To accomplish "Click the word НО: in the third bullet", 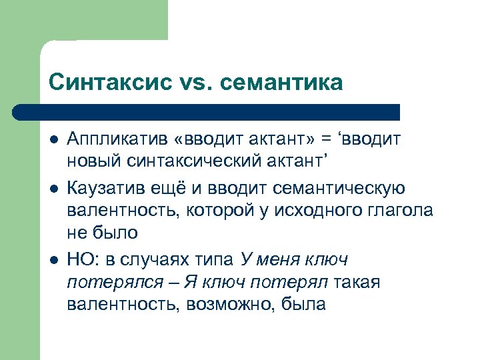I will click(81, 258).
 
